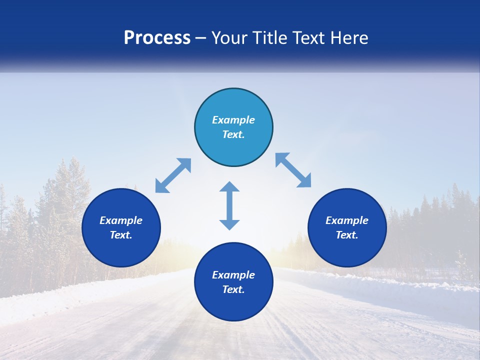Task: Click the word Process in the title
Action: pyautogui.click(x=157, y=38)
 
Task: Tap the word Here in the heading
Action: pyautogui.click(x=349, y=38)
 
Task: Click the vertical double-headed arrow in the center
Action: pyautogui.click(x=229, y=206)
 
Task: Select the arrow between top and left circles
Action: pyautogui.click(x=173, y=175)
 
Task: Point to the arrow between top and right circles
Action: pyautogui.click(x=293, y=170)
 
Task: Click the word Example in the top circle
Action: pyautogui.click(x=233, y=120)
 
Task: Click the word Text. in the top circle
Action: pyautogui.click(x=233, y=134)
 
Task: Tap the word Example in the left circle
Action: pyautogui.click(x=121, y=220)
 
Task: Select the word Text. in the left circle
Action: pyautogui.click(x=121, y=235)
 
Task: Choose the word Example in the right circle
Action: pyautogui.click(x=347, y=220)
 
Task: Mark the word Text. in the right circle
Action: pyautogui.click(x=347, y=235)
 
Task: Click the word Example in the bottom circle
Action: pyautogui.click(x=233, y=275)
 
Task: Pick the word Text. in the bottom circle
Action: pyautogui.click(x=233, y=289)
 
